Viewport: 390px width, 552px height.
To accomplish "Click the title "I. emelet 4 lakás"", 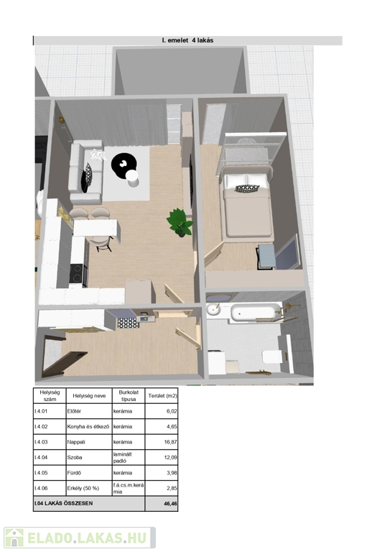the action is pyautogui.click(x=187, y=40).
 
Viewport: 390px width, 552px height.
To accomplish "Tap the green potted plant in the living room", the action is pyautogui.click(x=180, y=223).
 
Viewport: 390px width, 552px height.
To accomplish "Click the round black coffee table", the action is pyautogui.click(x=124, y=163).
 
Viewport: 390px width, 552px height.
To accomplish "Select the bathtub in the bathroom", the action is pyautogui.click(x=256, y=312).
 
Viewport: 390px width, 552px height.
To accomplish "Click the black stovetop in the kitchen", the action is pyautogui.click(x=76, y=274).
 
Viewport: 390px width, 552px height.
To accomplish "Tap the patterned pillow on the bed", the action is pyautogui.click(x=247, y=188).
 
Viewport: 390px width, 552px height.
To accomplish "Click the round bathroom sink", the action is pyautogui.click(x=213, y=309).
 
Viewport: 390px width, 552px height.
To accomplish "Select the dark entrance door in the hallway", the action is pyautogui.click(x=65, y=363).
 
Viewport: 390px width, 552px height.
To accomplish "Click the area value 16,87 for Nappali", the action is pyautogui.click(x=170, y=442).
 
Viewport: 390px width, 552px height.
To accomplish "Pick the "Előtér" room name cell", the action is pyautogui.click(x=74, y=411).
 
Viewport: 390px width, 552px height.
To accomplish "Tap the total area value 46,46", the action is pyautogui.click(x=170, y=504).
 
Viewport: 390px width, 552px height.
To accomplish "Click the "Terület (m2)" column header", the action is pyautogui.click(x=162, y=396).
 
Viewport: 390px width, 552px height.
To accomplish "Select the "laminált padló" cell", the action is pyautogui.click(x=122, y=457).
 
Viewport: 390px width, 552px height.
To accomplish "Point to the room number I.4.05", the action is pyautogui.click(x=41, y=473).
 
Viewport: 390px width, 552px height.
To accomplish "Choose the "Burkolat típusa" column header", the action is pyautogui.click(x=129, y=396).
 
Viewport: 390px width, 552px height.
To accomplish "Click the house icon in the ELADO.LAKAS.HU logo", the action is pyautogui.click(x=14, y=538).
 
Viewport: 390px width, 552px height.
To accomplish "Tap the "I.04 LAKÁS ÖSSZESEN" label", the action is pyautogui.click(x=64, y=503).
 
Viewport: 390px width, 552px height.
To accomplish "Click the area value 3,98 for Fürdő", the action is pyautogui.click(x=172, y=473).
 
